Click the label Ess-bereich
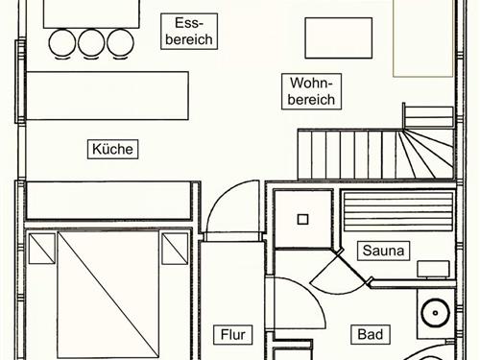click(188, 31)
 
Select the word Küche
click(113, 149)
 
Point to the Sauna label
click(384, 252)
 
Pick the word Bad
click(370, 335)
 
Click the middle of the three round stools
click(91, 42)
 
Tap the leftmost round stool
click(61, 42)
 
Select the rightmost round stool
click(121, 42)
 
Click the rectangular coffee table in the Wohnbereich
click(338, 38)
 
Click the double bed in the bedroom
click(108, 293)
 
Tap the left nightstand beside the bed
click(41, 248)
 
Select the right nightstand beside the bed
click(175, 248)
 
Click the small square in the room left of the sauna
click(302, 219)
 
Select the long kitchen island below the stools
click(108, 94)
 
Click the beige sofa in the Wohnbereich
click(422, 38)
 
